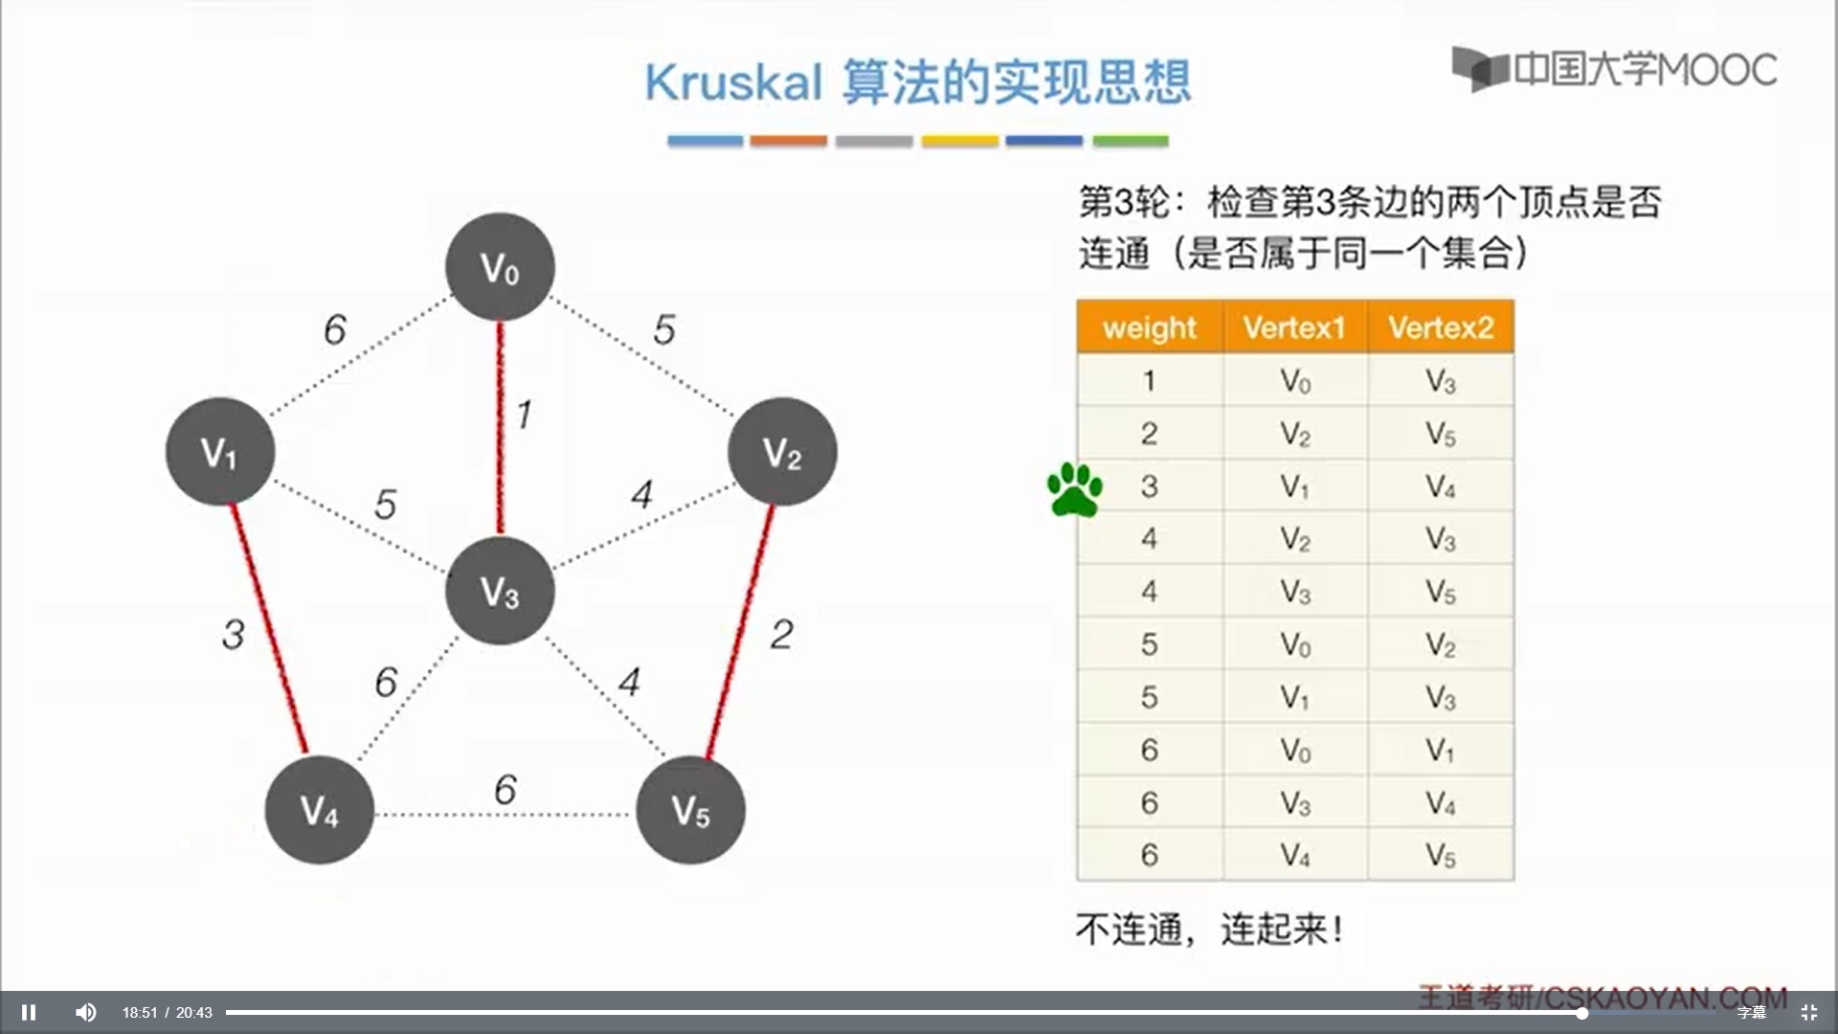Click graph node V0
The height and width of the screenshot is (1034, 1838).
pos(500,267)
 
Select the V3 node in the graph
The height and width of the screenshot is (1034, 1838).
pos(500,591)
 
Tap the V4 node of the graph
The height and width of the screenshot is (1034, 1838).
pos(319,810)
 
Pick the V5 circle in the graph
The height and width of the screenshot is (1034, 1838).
pos(690,810)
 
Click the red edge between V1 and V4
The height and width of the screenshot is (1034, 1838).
pos(269,628)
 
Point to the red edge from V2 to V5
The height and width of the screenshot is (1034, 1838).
pos(740,631)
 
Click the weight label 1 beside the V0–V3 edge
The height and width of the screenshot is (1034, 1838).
pos(524,415)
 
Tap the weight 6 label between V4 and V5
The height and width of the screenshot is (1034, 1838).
pos(504,790)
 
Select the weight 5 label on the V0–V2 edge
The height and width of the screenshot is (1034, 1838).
pos(664,329)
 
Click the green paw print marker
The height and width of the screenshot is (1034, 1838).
pos(1074,489)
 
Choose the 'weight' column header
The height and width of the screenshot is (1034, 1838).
pos(1150,327)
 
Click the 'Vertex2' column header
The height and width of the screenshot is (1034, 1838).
pos(1441,327)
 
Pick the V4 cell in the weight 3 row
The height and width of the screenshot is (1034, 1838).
pos(1441,486)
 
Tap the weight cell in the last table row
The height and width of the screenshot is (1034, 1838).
pos(1150,854)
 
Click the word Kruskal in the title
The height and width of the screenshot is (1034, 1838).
pos(733,82)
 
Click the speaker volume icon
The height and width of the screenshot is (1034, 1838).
pos(86,1012)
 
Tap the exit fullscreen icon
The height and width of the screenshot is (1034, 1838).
pos(1809,1012)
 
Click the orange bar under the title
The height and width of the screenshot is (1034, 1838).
pos(788,141)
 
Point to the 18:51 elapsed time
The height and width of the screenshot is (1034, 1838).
pos(140,1012)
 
